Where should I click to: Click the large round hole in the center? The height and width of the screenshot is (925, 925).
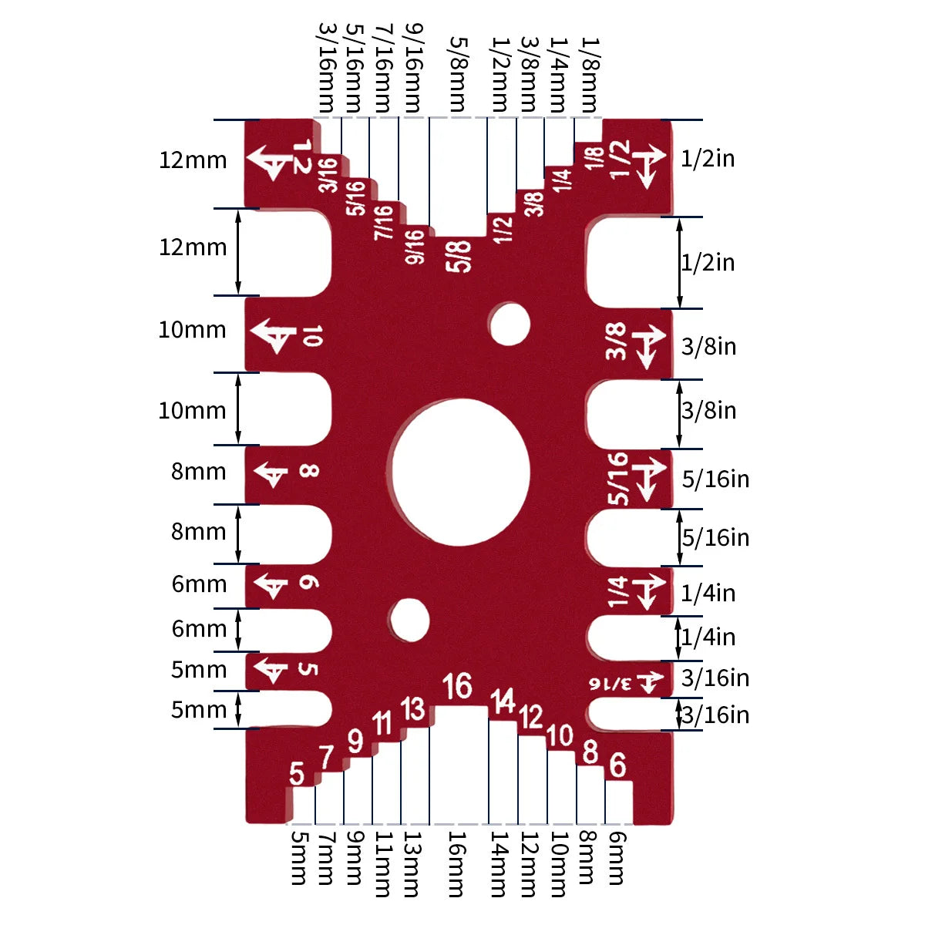tap(460, 470)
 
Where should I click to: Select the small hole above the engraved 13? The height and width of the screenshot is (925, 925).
tap(409, 619)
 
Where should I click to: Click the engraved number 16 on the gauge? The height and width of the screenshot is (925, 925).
tap(457, 685)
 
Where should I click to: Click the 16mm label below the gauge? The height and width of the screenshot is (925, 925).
tap(457, 864)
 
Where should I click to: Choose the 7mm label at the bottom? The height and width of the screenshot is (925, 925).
tap(327, 858)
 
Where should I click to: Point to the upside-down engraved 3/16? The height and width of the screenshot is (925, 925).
tap(610, 683)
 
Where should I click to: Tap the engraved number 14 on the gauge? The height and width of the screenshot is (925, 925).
tap(503, 701)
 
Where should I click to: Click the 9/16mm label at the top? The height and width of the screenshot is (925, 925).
tap(413, 68)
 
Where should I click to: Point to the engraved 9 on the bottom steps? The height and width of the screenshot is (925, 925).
tap(355, 741)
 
